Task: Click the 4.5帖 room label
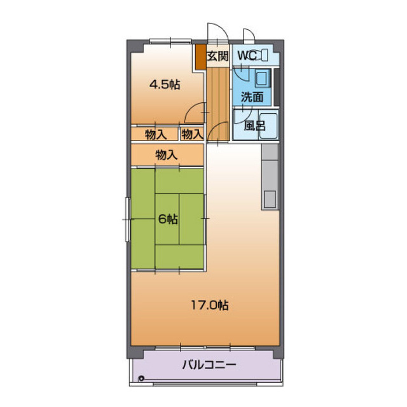click(x=164, y=85)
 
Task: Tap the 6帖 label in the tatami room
click(x=168, y=219)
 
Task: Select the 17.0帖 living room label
click(x=210, y=305)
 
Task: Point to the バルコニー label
click(x=209, y=365)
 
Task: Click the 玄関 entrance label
click(x=217, y=55)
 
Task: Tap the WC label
click(x=247, y=55)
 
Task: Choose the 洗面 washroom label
click(x=252, y=97)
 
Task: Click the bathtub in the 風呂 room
click(x=267, y=126)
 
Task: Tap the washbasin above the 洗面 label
click(x=261, y=79)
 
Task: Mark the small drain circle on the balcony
click(x=141, y=380)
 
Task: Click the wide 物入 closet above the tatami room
click(x=167, y=154)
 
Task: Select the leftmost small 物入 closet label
click(x=155, y=134)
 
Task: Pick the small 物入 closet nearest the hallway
click(x=191, y=134)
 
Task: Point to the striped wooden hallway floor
click(x=219, y=95)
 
